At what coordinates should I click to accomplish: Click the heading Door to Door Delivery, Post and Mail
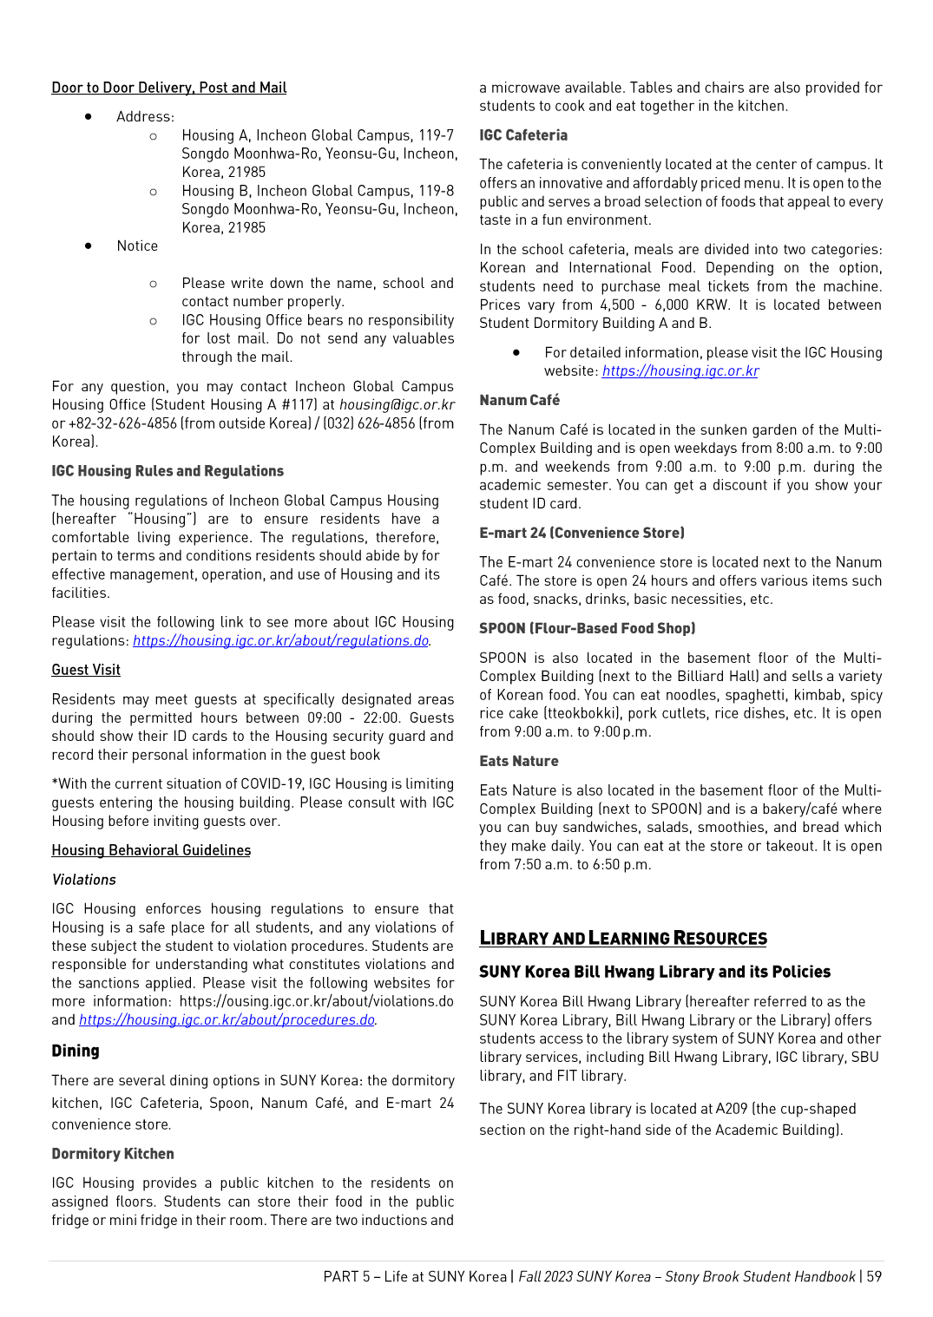pos(169,88)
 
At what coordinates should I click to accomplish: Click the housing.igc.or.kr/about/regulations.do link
pos(280,641)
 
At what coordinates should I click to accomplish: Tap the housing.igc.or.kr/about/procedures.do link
pos(227,1020)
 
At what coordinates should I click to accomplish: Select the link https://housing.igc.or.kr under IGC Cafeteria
pos(680,371)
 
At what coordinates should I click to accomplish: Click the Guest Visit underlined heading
pos(86,670)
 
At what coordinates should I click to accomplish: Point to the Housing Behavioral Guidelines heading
pos(151,850)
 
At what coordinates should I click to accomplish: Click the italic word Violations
pos(84,880)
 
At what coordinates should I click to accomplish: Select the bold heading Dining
pos(76,1051)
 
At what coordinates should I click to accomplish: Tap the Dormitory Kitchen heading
pos(113,1154)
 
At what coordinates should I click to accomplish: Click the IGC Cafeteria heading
pos(523,135)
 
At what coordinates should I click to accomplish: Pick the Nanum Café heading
pos(520,400)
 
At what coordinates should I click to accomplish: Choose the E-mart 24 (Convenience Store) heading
pos(581,533)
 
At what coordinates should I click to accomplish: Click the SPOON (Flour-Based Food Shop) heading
pos(588,628)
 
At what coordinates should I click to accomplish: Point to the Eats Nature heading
pos(519,761)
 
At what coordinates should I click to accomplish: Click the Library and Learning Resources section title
pos(623,938)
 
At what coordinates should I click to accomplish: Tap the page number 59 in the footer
pos(874,1277)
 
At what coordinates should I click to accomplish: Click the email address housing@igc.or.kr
pos(397,405)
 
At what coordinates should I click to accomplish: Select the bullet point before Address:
pos(89,116)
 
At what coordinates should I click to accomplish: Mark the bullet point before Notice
pos(89,246)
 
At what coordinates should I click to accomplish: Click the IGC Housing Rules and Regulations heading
pos(168,471)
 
